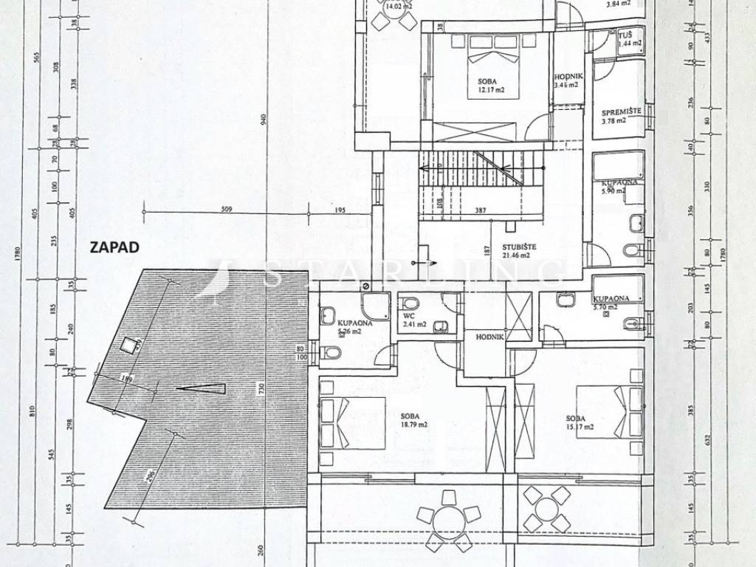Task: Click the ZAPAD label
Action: coord(114,247)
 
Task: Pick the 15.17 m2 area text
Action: coord(580,427)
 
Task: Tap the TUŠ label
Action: coord(625,35)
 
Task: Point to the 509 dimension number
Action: coord(227,210)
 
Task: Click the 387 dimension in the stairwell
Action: coord(480,210)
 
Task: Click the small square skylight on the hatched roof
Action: coord(130,343)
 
